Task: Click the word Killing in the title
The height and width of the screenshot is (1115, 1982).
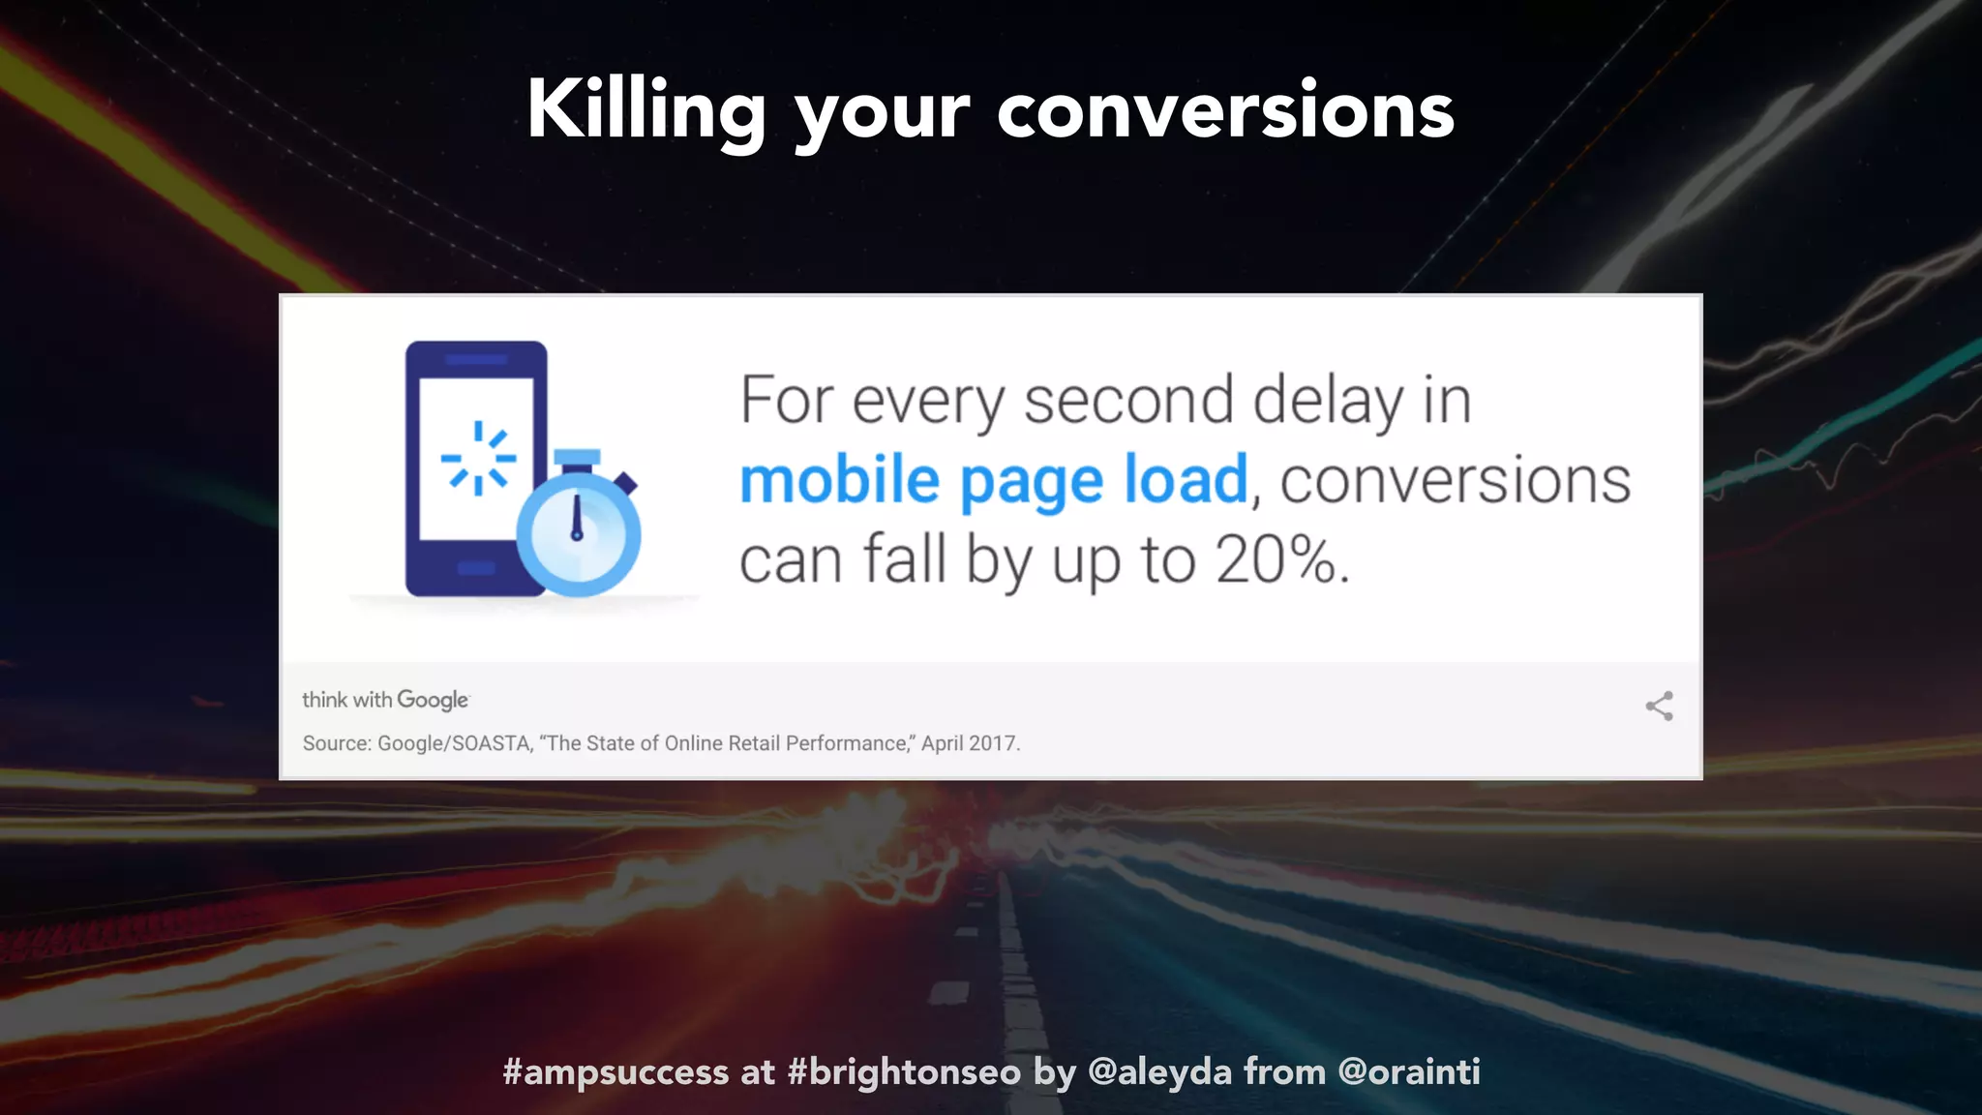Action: (x=646, y=111)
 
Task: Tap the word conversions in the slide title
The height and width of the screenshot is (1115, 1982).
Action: (x=1225, y=111)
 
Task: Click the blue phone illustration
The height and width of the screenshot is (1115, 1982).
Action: (x=474, y=465)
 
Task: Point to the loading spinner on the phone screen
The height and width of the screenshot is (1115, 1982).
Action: (x=478, y=458)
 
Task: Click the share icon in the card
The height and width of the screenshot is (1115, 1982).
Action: (x=1659, y=706)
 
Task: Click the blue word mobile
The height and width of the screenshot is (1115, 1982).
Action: (x=839, y=480)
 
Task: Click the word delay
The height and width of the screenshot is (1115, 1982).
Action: (x=1328, y=400)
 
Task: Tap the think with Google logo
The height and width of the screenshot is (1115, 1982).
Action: (x=385, y=700)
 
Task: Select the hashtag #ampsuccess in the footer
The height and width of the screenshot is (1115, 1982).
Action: (x=616, y=1072)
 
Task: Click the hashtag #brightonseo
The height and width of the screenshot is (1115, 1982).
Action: (x=904, y=1072)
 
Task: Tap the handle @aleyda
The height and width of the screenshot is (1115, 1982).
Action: (x=1159, y=1072)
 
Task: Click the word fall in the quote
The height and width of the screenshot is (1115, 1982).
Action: (x=904, y=559)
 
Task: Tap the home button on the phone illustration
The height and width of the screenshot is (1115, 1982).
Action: (x=475, y=568)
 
